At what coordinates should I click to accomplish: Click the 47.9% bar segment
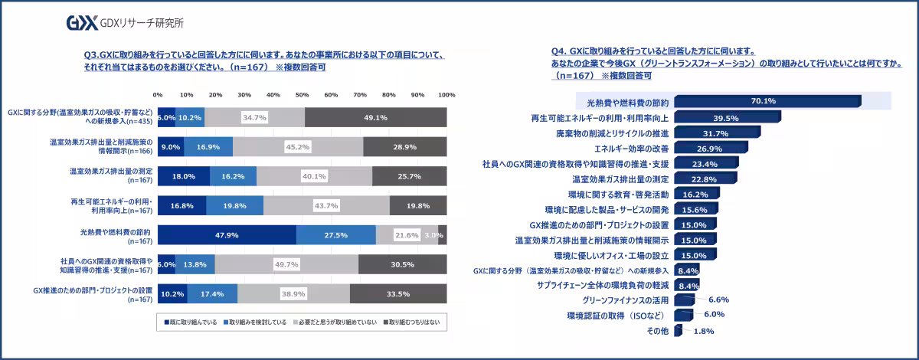227,234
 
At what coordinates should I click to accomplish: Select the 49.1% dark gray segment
375,117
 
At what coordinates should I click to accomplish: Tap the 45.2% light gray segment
297,146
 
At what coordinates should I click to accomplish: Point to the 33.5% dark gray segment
398,293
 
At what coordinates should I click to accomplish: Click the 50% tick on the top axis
303,95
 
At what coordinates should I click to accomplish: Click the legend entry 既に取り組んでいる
188,322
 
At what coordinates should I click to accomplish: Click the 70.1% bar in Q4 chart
767,101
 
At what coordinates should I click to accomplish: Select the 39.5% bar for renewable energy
726,118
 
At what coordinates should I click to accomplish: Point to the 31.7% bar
715,133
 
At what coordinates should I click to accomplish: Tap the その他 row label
658,330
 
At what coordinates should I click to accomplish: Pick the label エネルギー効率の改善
632,148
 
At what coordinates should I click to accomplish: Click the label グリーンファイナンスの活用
625,299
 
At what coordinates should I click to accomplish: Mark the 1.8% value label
703,331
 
